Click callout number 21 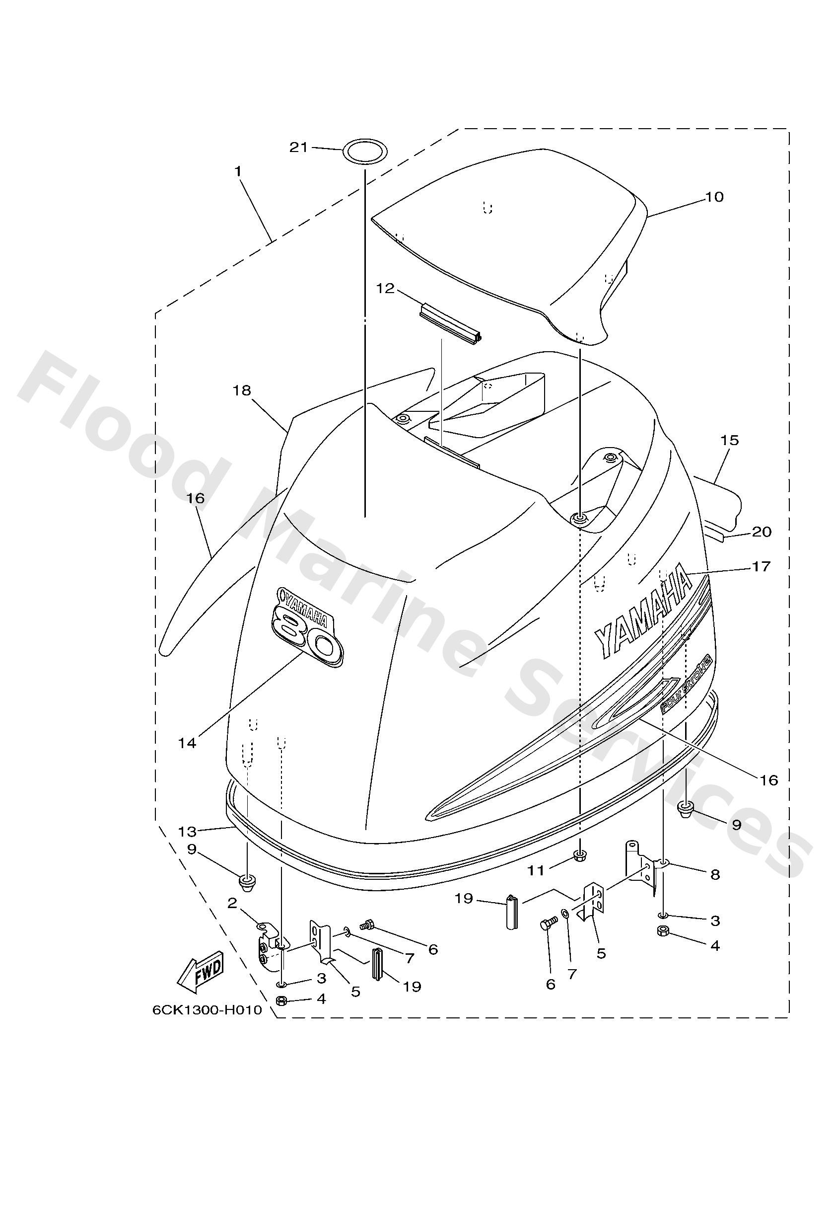click(x=298, y=148)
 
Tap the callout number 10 click(x=714, y=197)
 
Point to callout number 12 click(x=386, y=289)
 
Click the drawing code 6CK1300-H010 click(x=208, y=1010)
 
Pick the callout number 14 click(x=187, y=743)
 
